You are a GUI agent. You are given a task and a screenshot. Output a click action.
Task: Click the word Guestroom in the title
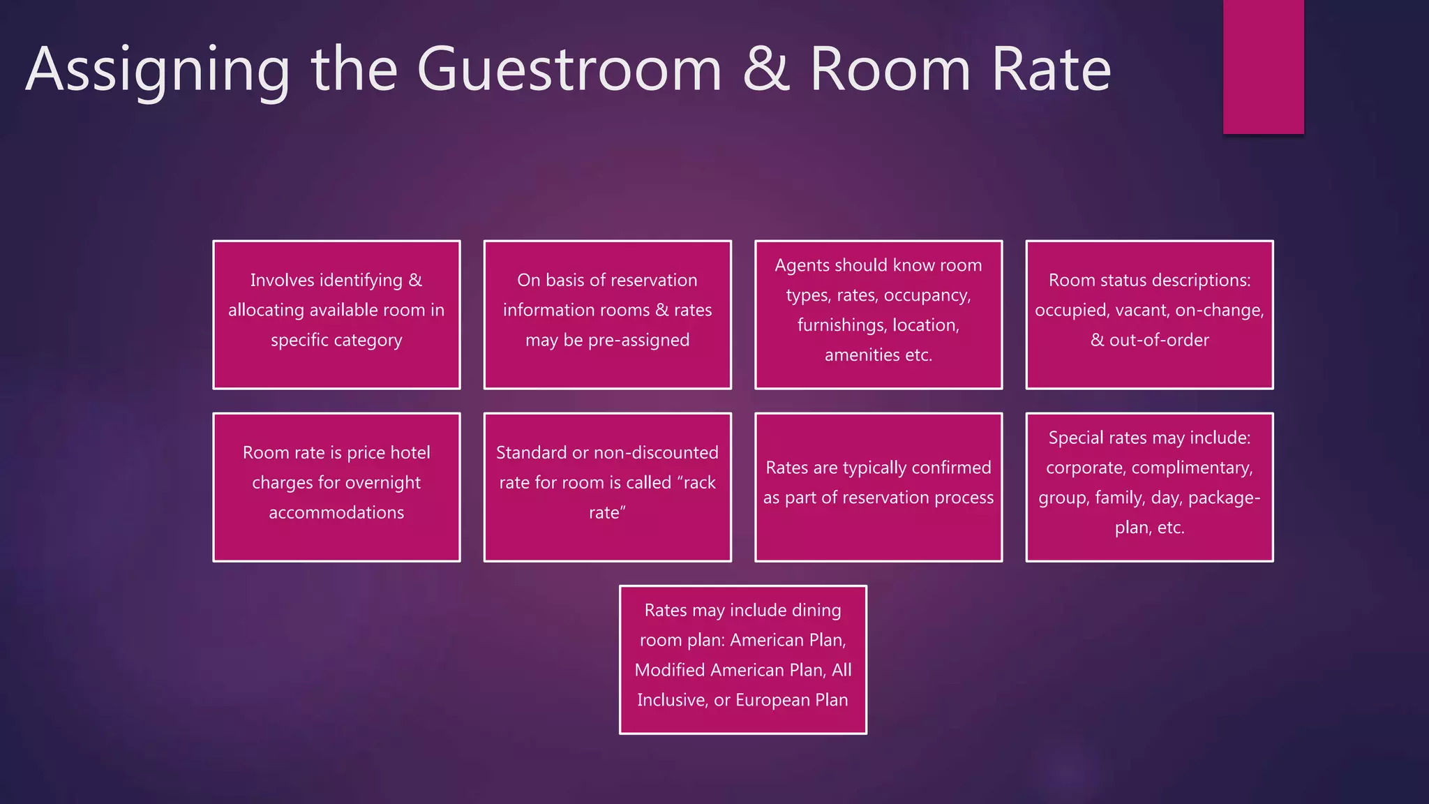tap(569, 70)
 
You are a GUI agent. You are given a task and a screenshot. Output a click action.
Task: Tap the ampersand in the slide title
tap(765, 69)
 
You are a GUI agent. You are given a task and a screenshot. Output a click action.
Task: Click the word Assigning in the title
tap(158, 70)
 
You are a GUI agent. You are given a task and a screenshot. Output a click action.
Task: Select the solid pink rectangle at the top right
tap(1263, 66)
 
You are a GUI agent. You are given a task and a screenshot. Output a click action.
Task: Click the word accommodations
tap(336, 513)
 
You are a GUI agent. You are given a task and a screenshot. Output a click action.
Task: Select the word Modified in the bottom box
tap(671, 671)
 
